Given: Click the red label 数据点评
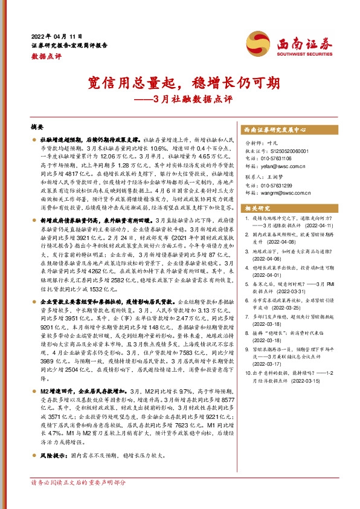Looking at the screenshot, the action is (x=42, y=55).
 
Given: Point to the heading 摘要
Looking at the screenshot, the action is (x=37, y=128).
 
